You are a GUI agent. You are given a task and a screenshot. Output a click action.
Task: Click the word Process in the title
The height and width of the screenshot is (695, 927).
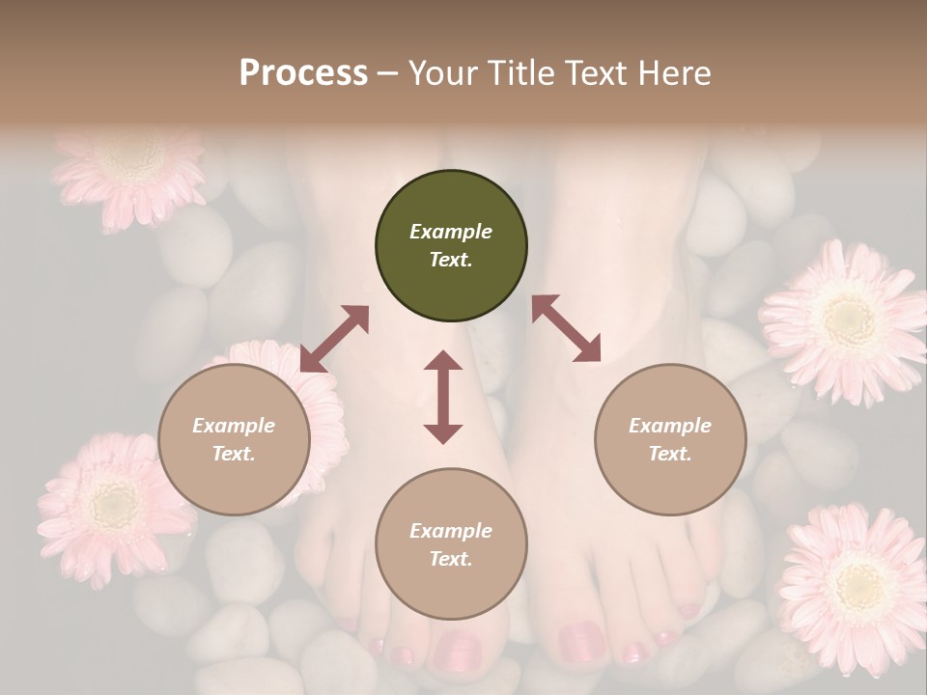(303, 73)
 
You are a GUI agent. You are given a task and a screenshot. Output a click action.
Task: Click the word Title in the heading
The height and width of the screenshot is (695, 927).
(521, 73)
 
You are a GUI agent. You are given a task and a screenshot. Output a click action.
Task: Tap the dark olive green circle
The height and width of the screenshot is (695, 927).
(451, 246)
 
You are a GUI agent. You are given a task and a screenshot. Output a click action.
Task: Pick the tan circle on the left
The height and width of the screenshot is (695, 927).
(234, 439)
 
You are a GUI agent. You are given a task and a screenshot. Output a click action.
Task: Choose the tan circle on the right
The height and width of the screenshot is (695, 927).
(670, 439)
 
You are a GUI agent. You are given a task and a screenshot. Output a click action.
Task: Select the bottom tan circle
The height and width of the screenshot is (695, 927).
(451, 544)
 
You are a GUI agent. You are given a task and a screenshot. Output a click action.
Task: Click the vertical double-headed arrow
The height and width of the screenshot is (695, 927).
(443, 398)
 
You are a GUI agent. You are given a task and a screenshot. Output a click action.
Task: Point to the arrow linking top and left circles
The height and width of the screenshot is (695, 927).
(334, 339)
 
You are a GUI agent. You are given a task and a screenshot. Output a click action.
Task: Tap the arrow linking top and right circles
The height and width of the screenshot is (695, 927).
(566, 328)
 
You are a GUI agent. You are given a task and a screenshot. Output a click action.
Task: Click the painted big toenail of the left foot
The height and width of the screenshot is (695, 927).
(457, 651)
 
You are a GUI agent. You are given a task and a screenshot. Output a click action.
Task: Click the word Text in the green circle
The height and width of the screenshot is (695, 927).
(450, 260)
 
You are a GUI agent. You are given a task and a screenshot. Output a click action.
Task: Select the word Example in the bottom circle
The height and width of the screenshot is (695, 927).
(450, 531)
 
